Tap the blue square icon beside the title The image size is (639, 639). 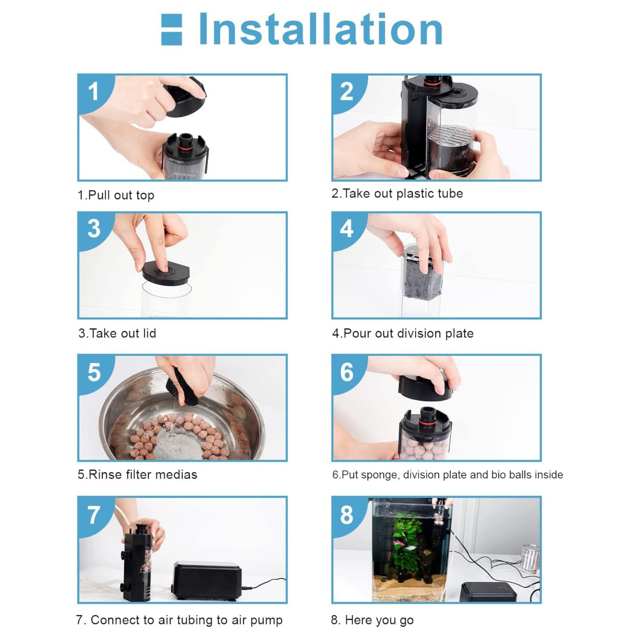(x=172, y=29)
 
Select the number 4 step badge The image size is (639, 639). (x=347, y=229)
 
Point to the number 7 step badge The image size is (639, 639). (x=94, y=515)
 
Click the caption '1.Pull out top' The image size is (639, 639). (x=116, y=195)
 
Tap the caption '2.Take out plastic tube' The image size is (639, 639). (x=397, y=194)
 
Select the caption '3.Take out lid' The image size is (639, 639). (x=117, y=333)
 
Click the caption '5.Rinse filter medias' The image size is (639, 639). (x=138, y=474)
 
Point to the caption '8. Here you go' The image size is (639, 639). (x=372, y=620)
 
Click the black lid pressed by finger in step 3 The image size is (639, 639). (x=165, y=273)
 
